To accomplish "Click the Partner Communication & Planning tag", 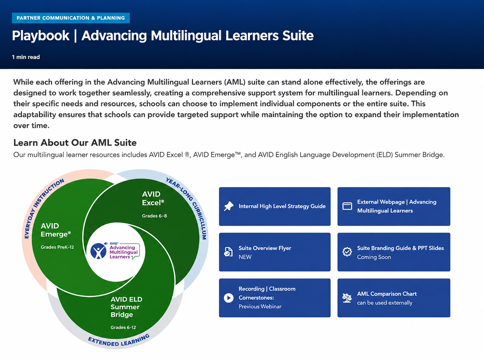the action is pos(71,18).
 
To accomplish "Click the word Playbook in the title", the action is pos(41,36).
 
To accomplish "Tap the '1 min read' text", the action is pos(26,57).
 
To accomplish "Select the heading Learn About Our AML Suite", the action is pos(75,143).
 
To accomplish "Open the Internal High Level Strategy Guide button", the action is pos(275,206).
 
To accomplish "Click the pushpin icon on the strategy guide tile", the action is pos(229,206).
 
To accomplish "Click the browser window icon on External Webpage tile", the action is pos(347,206).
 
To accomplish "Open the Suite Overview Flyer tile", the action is pos(275,252).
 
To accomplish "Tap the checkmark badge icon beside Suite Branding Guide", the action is pos(347,252).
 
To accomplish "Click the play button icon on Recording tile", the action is pos(229,298).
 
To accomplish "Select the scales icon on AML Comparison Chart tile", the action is pos(347,298).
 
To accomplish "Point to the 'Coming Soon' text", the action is pos(374,257).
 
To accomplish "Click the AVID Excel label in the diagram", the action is pos(153,198).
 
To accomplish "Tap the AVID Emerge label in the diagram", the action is pos(56,230).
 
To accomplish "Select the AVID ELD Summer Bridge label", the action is pos(126,307).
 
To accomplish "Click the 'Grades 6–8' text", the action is pos(154,216).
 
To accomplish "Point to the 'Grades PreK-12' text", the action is pos(57,247).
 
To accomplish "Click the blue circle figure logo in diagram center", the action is pos(99,251).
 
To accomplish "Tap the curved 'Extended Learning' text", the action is pos(119,341).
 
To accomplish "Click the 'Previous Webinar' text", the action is pos(260,306).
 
